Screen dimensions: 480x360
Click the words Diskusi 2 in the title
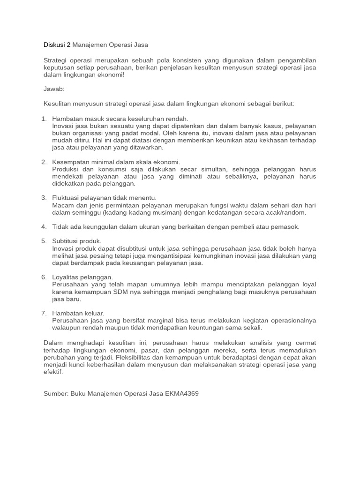click(x=57, y=45)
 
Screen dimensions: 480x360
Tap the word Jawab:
click(x=54, y=89)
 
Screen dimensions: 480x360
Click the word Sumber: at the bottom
click(x=55, y=393)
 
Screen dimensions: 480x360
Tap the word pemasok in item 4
click(x=285, y=227)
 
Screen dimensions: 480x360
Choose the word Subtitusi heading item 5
click(x=67, y=241)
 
